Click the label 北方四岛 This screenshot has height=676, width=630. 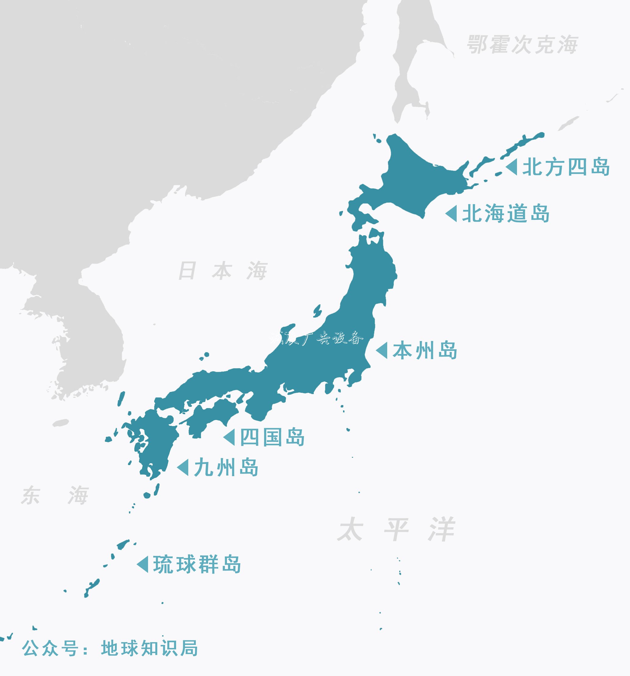566,167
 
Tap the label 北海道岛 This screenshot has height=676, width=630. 506,214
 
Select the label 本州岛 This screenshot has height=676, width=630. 425,350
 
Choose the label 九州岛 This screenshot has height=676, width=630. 226,467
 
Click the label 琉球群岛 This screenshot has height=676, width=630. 197,564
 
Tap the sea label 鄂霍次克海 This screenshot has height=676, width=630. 522,44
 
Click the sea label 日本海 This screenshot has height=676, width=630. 223,271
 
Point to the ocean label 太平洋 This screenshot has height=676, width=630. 396,529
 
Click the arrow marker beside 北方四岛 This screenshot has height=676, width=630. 512,167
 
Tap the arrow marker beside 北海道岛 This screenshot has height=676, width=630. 451,214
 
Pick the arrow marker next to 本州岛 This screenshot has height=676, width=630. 382,350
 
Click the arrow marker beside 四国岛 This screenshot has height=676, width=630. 229,437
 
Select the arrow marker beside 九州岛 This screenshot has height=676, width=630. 183,467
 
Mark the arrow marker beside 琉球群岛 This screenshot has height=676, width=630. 143,564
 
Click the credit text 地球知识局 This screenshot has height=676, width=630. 150,648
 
